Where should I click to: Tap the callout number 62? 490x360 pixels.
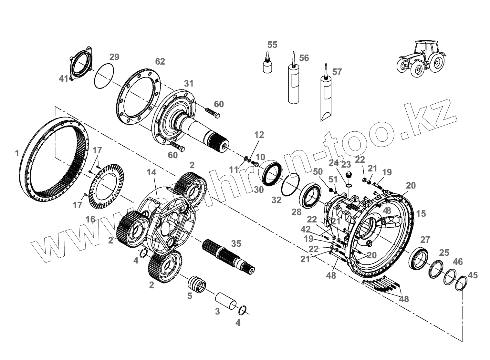(160, 61)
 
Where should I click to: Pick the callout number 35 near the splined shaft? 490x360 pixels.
(236, 244)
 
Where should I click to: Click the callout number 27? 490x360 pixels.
(425, 240)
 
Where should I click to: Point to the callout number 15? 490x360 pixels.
(421, 213)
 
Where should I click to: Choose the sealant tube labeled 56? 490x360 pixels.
(293, 84)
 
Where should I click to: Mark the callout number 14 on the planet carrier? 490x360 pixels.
(151, 172)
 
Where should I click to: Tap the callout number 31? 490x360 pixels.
(189, 83)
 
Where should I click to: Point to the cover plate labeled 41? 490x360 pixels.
(81, 66)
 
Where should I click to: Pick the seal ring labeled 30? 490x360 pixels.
(272, 174)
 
